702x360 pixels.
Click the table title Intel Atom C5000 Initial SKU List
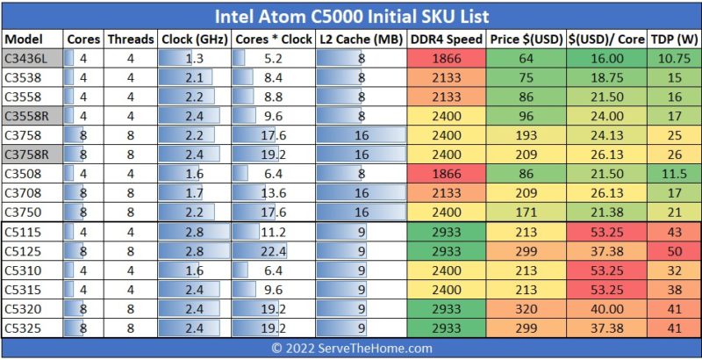(351, 16)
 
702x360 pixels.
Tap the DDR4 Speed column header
(446, 40)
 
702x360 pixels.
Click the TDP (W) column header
(674, 40)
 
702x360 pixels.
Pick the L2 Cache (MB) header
(361, 40)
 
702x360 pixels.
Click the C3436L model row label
(26, 59)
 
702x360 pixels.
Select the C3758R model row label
(26, 155)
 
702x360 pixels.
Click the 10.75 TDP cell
(674, 59)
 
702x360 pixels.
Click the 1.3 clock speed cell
(195, 59)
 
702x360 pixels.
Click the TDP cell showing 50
(674, 250)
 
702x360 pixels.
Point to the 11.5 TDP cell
(674, 174)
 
